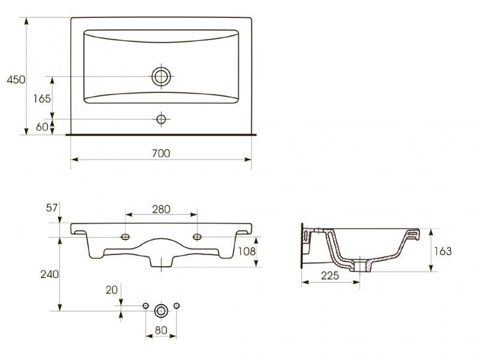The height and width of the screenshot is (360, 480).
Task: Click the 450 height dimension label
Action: coord(16,80)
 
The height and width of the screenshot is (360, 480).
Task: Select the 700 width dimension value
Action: coord(161,154)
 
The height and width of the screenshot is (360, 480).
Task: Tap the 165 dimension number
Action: coord(42,98)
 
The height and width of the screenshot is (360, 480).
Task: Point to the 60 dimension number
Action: coord(42,127)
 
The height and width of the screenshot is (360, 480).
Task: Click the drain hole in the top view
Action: coord(161,76)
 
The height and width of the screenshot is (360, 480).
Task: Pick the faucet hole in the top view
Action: coord(161,119)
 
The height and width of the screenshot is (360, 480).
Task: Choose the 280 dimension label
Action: coord(161,209)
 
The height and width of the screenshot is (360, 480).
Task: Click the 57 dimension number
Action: coord(52,208)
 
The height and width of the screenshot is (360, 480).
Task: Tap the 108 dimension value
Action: coord(247,251)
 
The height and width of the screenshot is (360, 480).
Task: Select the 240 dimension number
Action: coord(49,274)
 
